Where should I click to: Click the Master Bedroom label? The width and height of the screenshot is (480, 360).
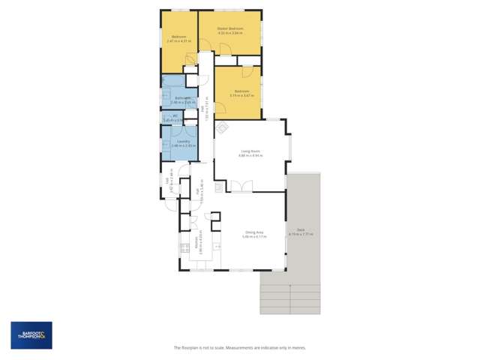coord(231,28)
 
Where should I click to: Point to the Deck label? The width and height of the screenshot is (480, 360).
coord(300,230)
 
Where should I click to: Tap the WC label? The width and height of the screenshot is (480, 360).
coord(175,115)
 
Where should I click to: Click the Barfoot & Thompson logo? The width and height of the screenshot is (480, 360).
coord(31,335)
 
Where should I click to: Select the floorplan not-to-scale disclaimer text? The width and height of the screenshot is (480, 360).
coord(239,348)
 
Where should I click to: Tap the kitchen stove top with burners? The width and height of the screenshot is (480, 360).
coord(182,246)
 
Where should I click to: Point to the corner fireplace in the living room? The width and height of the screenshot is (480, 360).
coord(222,128)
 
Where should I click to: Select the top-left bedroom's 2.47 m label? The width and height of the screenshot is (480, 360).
coord(178,40)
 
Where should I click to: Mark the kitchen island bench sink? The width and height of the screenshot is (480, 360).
coord(218,245)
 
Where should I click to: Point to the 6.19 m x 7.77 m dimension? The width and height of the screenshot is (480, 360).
coord(300,235)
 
